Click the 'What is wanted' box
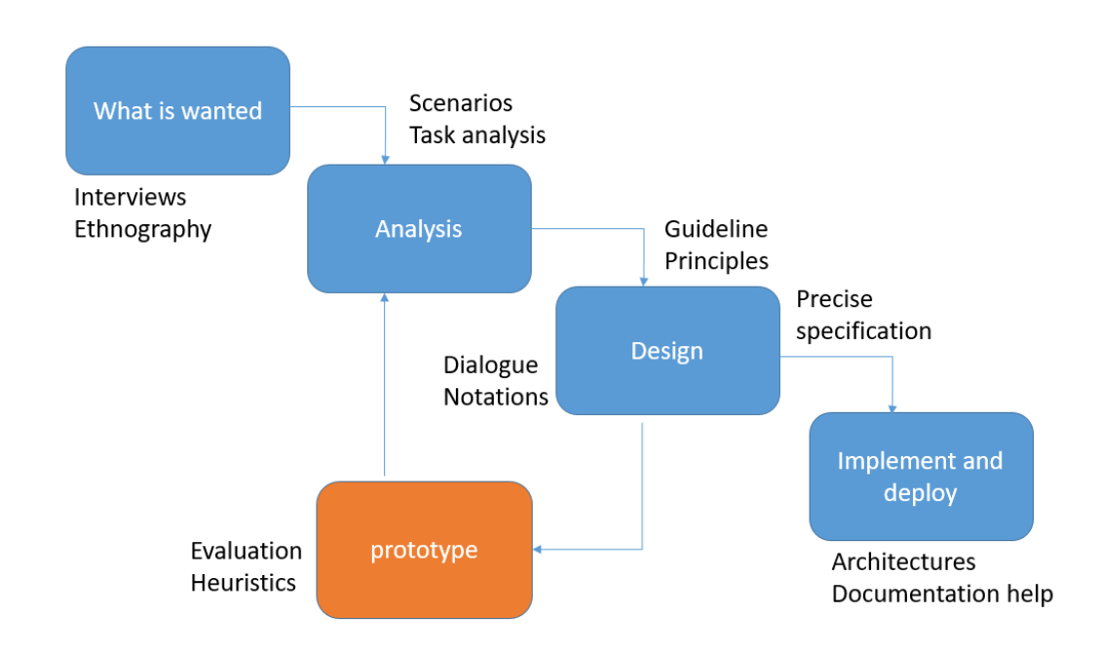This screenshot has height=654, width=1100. point(177,110)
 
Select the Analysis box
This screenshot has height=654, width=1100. point(419,229)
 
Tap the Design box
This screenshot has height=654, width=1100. point(667,351)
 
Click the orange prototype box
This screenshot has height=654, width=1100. point(424,550)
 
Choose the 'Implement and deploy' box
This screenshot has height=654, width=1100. point(921,477)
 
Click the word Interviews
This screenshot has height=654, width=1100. point(130,197)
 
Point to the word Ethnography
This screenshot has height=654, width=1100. point(142,229)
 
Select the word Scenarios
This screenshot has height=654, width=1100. point(461,102)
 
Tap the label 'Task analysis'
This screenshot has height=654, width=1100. point(477,135)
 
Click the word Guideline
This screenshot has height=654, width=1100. point(716,229)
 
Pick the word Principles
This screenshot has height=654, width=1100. point(716,261)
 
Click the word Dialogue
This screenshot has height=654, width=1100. point(490,365)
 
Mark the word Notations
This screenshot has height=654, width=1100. point(496,397)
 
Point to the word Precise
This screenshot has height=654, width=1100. point(834,298)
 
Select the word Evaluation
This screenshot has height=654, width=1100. point(246,551)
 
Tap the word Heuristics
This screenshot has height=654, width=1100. point(243,583)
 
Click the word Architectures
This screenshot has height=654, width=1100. point(903,561)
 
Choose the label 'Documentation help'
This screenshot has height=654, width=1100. point(942,594)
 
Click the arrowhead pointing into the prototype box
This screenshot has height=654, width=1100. point(538,550)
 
